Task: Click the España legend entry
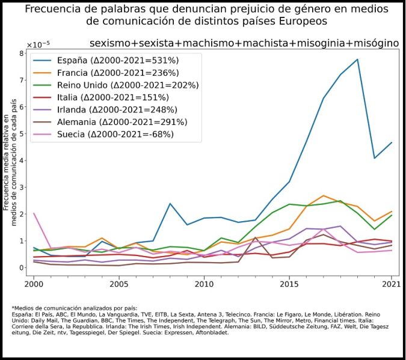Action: [x=117, y=60]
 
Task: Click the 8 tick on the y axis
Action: [x=20, y=53]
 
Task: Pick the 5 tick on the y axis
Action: [x=20, y=133]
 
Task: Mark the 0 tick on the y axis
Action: [x=20, y=268]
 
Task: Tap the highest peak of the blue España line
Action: [x=357, y=59]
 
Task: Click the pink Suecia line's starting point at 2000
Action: [x=34, y=213]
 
